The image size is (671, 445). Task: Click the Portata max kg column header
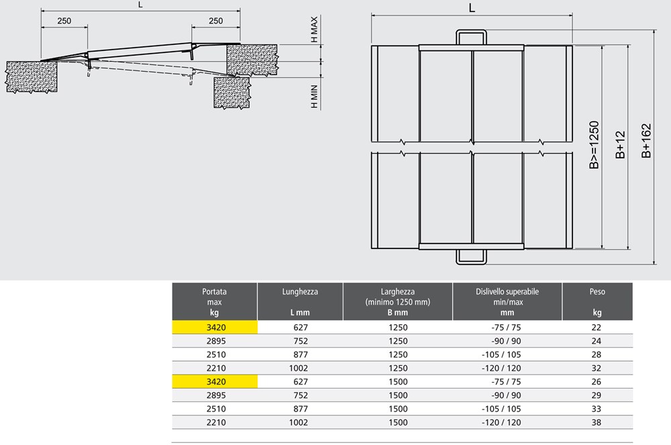(215, 301)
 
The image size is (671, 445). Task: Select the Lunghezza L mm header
(300, 301)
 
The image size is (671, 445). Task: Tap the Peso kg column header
(597, 301)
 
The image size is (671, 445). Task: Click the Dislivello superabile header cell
(507, 301)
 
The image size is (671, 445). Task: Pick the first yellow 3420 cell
(215, 328)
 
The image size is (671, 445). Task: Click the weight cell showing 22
(596, 328)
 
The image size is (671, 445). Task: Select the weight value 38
(596, 422)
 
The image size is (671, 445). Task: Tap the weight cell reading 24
(596, 341)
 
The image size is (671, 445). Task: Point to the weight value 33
(596, 409)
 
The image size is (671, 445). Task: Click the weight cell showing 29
(596, 395)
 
